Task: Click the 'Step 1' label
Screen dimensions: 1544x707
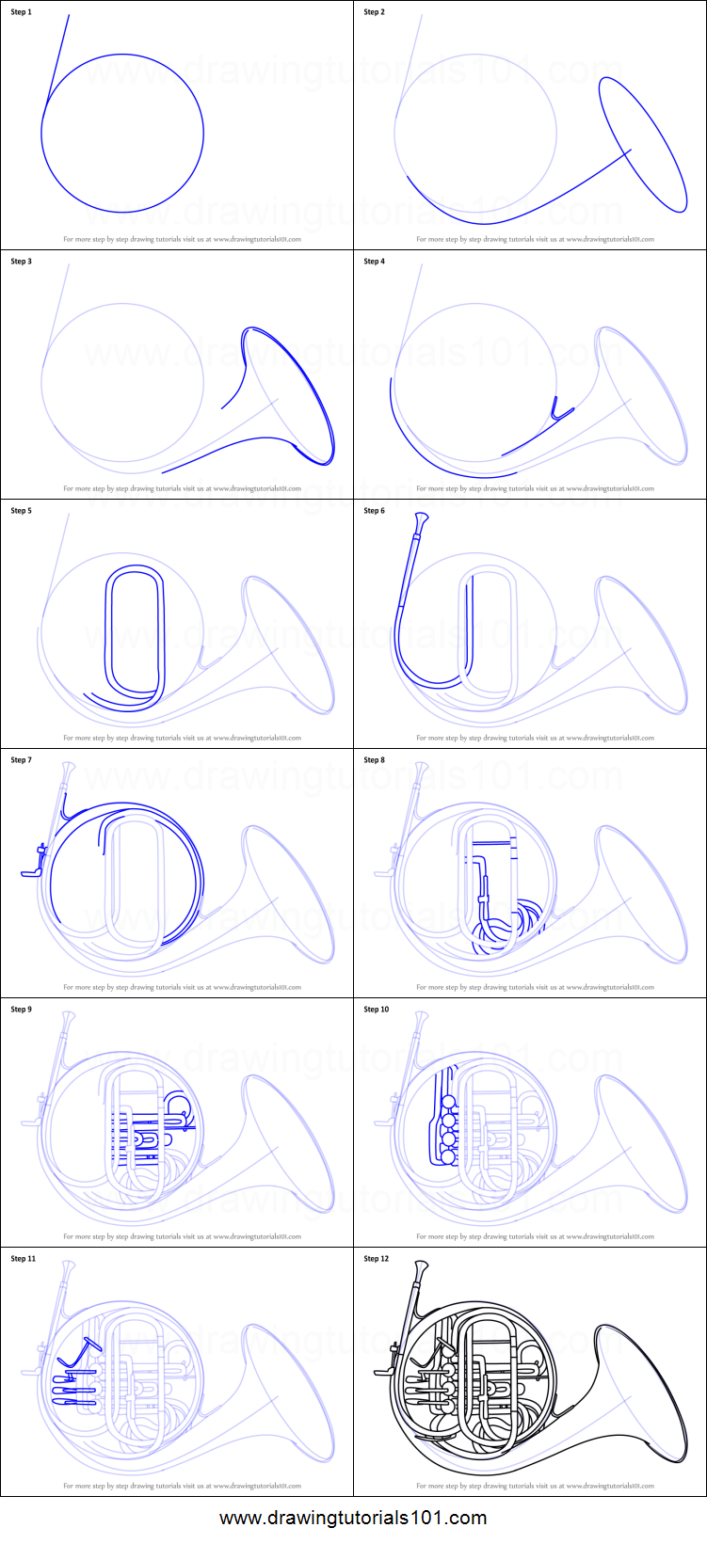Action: (21, 12)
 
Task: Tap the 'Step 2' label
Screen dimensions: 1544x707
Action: (374, 12)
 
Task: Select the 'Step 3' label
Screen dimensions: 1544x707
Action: (21, 262)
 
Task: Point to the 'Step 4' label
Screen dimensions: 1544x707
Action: (374, 262)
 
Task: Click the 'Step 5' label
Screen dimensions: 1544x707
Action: (21, 511)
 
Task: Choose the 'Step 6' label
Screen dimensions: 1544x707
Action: (374, 511)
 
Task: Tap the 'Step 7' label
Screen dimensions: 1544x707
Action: (21, 760)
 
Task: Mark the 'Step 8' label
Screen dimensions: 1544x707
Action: (374, 760)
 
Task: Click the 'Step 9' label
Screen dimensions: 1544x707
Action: (21, 1010)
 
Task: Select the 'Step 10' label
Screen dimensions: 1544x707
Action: (376, 1010)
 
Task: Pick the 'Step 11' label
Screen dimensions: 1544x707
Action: (23, 1259)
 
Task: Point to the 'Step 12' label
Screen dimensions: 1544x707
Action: (376, 1259)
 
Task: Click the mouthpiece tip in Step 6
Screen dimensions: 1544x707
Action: (420, 517)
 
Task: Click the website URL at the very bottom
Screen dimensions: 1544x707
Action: (353, 1518)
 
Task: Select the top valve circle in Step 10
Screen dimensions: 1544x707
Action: (448, 1102)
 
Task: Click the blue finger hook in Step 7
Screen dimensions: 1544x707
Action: (34, 865)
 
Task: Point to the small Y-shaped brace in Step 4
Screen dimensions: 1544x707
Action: (561, 407)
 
